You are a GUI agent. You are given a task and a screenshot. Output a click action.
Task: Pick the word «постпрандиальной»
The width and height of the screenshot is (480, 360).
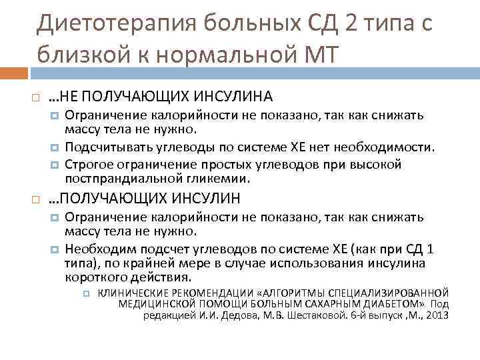pyautogui.click(x=114, y=179)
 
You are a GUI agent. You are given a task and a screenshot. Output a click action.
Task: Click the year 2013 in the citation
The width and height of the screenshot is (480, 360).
pyautogui.click(x=437, y=315)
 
